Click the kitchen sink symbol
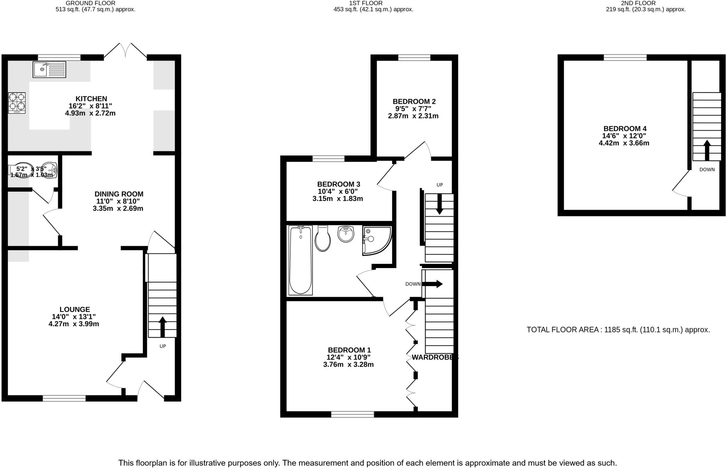49,69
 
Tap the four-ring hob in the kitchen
17,103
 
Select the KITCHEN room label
91,99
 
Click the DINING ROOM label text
119,194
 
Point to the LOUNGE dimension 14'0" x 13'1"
74,317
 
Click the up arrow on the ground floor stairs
163,326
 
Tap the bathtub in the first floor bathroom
301,260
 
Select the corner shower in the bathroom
376,240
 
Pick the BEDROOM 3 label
339,184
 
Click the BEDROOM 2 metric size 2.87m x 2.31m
413,116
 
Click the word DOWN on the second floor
707,170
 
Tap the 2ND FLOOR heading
645,3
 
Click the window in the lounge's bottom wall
64,398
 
